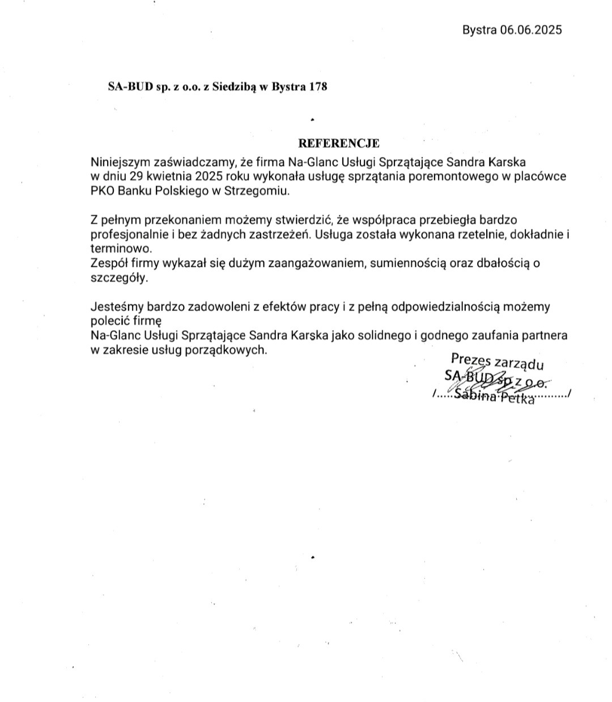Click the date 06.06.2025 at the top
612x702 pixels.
pyautogui.click(x=531, y=30)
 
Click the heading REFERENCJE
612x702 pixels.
pyautogui.click(x=339, y=143)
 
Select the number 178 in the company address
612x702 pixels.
pyautogui.click(x=318, y=87)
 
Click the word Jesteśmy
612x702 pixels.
pyautogui.click(x=117, y=307)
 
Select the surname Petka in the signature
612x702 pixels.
pyautogui.click(x=517, y=399)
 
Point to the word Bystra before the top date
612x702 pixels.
pyautogui.click(x=479, y=30)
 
